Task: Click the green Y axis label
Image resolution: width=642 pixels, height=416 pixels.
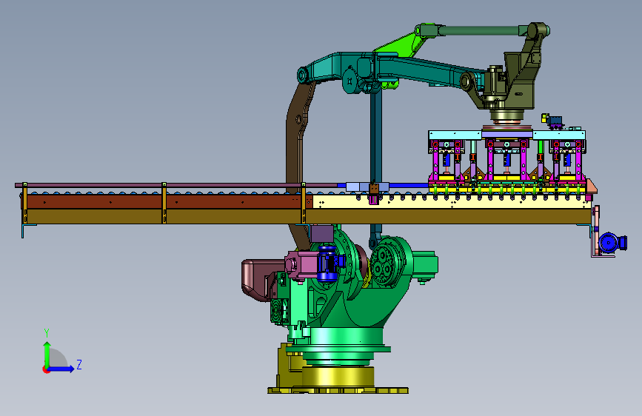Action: [47, 332]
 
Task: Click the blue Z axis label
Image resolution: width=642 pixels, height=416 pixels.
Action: [79, 364]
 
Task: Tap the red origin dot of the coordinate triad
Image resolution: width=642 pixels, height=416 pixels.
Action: [46, 369]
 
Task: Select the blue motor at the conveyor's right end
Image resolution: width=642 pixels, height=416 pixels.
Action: [612, 242]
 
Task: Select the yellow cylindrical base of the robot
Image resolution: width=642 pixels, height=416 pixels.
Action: [338, 376]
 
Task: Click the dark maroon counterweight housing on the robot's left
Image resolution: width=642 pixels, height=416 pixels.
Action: [256, 279]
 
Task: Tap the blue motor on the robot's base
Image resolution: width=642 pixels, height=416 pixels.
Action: [327, 264]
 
